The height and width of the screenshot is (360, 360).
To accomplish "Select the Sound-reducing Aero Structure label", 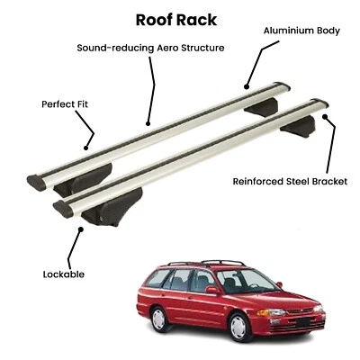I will (151, 47).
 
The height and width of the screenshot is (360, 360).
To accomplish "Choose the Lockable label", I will (63, 274).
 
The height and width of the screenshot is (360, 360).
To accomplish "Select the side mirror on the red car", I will (212, 291).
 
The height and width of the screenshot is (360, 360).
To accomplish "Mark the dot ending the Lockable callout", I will (80, 229).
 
